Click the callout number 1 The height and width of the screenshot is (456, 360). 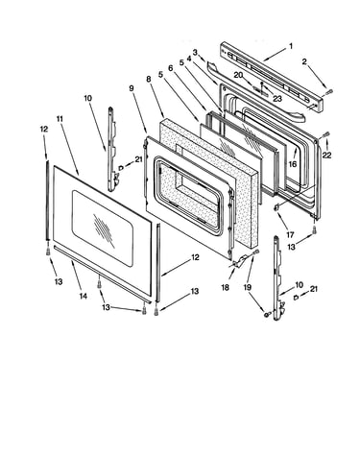coord(291,46)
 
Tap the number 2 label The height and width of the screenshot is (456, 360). coord(304,61)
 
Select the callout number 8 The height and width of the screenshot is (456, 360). coord(149,80)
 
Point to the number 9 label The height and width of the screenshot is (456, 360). coord(132,88)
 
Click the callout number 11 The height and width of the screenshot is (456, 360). coord(60,119)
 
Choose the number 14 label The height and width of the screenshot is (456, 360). coord(84,297)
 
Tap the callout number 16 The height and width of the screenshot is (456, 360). coord(293,164)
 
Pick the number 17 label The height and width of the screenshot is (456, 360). coord(290,235)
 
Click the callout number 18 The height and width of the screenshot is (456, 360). coord(226,287)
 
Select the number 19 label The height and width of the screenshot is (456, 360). coord(248,287)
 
